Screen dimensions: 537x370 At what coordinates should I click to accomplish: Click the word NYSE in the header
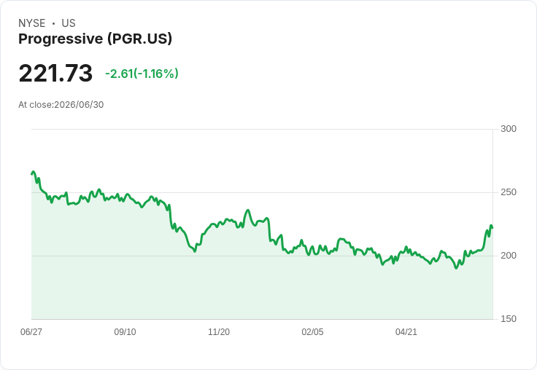pyautogui.click(x=32, y=23)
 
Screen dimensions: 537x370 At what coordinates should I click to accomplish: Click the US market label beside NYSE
pyautogui.click(x=69, y=23)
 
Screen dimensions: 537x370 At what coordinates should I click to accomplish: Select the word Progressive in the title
pyautogui.click(x=61, y=39)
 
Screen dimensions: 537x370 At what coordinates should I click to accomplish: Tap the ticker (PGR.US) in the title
pyautogui.click(x=139, y=39)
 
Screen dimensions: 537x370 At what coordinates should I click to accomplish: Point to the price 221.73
pyautogui.click(x=55, y=73)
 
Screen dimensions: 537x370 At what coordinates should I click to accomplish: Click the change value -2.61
pyautogui.click(x=119, y=74)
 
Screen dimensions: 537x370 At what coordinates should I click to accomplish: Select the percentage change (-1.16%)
pyautogui.click(x=156, y=74)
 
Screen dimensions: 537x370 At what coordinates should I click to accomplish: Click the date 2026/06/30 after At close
pyautogui.click(x=79, y=105)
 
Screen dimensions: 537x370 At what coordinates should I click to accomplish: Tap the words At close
pyautogui.click(x=35, y=105)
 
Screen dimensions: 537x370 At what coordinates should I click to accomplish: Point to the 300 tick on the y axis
pyautogui.click(x=509, y=129)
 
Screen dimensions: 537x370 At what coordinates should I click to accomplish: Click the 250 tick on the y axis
pyautogui.click(x=509, y=192)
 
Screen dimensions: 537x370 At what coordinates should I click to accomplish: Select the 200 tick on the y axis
pyautogui.click(x=509, y=256)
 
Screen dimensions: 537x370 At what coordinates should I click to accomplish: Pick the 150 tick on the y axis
pyautogui.click(x=509, y=319)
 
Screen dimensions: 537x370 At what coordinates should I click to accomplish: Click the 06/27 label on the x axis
pyautogui.click(x=31, y=331)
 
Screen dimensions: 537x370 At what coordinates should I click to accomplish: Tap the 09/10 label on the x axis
pyautogui.click(x=125, y=331)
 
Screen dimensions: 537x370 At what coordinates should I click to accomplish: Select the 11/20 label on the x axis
pyautogui.click(x=219, y=331)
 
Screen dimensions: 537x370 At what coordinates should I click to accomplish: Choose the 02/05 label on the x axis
pyautogui.click(x=312, y=331)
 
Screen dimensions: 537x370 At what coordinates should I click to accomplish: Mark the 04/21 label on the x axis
pyautogui.click(x=406, y=331)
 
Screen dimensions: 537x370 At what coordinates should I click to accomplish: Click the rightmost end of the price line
pyautogui.click(x=492, y=228)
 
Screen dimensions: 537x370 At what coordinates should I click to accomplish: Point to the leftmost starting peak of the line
pyautogui.click(x=34, y=172)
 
